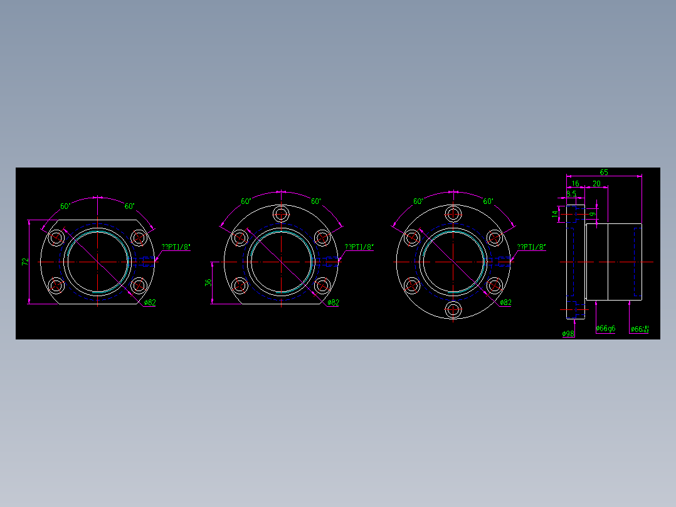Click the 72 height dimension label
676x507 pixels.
click(x=25, y=262)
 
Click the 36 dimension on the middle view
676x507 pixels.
click(x=208, y=283)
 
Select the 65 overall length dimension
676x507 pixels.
click(x=604, y=172)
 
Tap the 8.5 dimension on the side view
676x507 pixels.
click(x=571, y=194)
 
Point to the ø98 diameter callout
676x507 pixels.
click(x=568, y=333)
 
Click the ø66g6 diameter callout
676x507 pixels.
click(x=605, y=328)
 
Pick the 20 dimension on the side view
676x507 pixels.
click(x=596, y=183)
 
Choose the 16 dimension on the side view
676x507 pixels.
click(x=575, y=183)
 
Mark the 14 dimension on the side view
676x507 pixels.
click(x=555, y=214)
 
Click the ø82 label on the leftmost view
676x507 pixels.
click(x=149, y=302)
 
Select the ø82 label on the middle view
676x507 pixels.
click(x=333, y=302)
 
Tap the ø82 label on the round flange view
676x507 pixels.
click(x=505, y=302)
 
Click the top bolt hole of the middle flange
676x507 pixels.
click(x=282, y=213)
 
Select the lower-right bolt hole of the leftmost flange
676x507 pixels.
click(x=139, y=286)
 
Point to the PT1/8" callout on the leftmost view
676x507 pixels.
click(x=176, y=247)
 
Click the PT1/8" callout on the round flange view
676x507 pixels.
click(x=531, y=247)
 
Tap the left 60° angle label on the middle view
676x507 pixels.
click(x=246, y=201)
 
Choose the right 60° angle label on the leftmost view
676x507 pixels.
click(x=129, y=206)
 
